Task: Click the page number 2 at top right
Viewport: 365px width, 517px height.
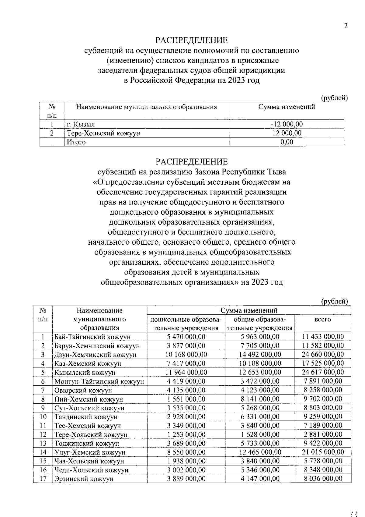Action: tap(345, 26)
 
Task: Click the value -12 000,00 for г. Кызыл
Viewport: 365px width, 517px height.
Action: tap(287, 124)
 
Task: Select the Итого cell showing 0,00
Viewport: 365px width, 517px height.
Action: tap(287, 142)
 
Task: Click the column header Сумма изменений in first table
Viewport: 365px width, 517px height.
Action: tap(287, 107)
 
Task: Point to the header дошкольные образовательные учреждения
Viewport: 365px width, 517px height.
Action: tap(186, 324)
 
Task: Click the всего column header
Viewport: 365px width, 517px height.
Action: tap(322, 319)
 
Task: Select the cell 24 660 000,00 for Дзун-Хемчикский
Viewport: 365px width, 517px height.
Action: tap(323, 354)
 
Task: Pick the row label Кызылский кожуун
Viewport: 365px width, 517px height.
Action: tap(85, 372)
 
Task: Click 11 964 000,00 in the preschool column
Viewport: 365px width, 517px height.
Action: tap(186, 372)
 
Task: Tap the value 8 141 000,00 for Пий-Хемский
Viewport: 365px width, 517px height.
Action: tap(260, 399)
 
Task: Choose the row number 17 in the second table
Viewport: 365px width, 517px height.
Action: tap(43, 479)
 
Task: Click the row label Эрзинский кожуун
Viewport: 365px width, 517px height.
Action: tap(84, 479)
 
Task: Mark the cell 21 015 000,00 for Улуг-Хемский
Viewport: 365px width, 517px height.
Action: tap(323, 452)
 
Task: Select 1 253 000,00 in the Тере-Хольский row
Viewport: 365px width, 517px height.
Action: tap(186, 434)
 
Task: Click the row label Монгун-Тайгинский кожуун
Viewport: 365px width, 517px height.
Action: tap(99, 381)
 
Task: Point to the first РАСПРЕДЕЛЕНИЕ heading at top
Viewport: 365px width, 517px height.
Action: tap(192, 40)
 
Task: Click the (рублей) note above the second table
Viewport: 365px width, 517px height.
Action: tap(335, 301)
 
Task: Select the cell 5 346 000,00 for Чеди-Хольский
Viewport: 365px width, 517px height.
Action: tap(260, 470)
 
